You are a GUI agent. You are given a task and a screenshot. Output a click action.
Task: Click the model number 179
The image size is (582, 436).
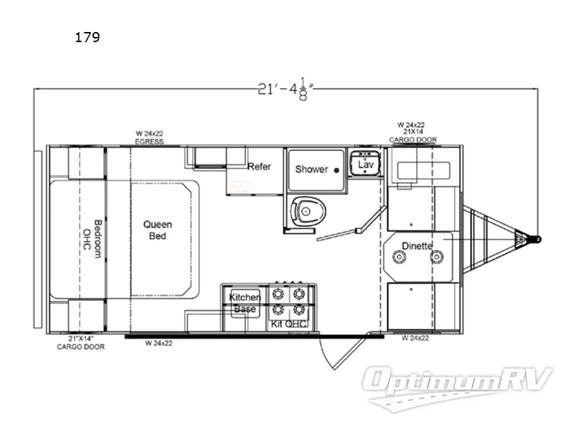pos(87,38)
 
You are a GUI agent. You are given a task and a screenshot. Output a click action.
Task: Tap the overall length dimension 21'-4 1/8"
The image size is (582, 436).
pos(285,89)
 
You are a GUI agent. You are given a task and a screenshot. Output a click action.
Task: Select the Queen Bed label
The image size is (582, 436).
pos(157,230)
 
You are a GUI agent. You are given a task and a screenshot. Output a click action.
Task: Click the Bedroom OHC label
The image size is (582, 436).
pos(91,235)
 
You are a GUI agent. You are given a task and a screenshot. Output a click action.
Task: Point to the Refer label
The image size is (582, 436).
pos(259,167)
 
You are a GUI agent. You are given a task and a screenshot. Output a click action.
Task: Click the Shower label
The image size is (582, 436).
pos(311,169)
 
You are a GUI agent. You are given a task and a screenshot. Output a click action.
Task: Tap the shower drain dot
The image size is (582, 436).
pos(336,169)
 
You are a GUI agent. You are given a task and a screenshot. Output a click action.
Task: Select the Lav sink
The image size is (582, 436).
pos(364,165)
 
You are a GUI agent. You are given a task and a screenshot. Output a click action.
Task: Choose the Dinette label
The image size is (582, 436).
pos(418,246)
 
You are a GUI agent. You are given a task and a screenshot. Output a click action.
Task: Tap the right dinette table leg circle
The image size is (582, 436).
pos(436,257)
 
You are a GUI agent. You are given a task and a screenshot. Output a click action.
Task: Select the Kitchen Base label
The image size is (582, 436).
pos(244,304)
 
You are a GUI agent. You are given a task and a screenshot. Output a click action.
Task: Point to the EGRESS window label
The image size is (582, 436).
pos(148,141)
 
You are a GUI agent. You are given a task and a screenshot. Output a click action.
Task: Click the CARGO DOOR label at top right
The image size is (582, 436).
pos(411,139)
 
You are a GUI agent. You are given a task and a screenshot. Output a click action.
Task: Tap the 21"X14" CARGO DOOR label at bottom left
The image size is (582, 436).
pos(80,343)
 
